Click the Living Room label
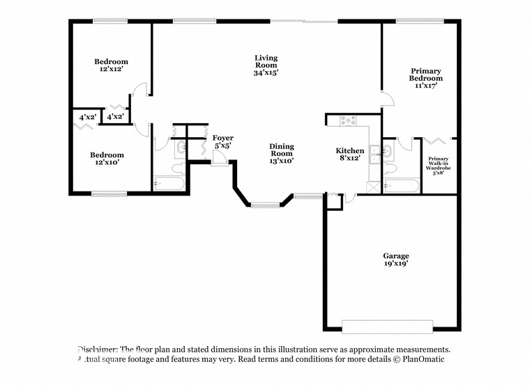[x=266, y=61]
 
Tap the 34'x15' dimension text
[x=266, y=72]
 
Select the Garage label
[x=396, y=256]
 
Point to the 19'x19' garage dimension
[x=396, y=264]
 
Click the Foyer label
[x=222, y=138]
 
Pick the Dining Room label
[x=282, y=150]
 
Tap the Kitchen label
[x=350, y=150]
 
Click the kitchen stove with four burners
[x=348, y=120]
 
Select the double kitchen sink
[x=375, y=154]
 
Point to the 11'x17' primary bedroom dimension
[x=426, y=86]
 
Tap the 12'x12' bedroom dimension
[x=111, y=69]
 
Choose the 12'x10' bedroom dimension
[x=107, y=162]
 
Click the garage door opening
[x=387, y=327]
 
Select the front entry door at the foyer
[x=217, y=158]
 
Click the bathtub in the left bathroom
[x=169, y=184]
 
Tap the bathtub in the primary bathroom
[x=402, y=186]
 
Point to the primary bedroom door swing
[x=388, y=99]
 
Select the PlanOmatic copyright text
[x=419, y=359]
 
